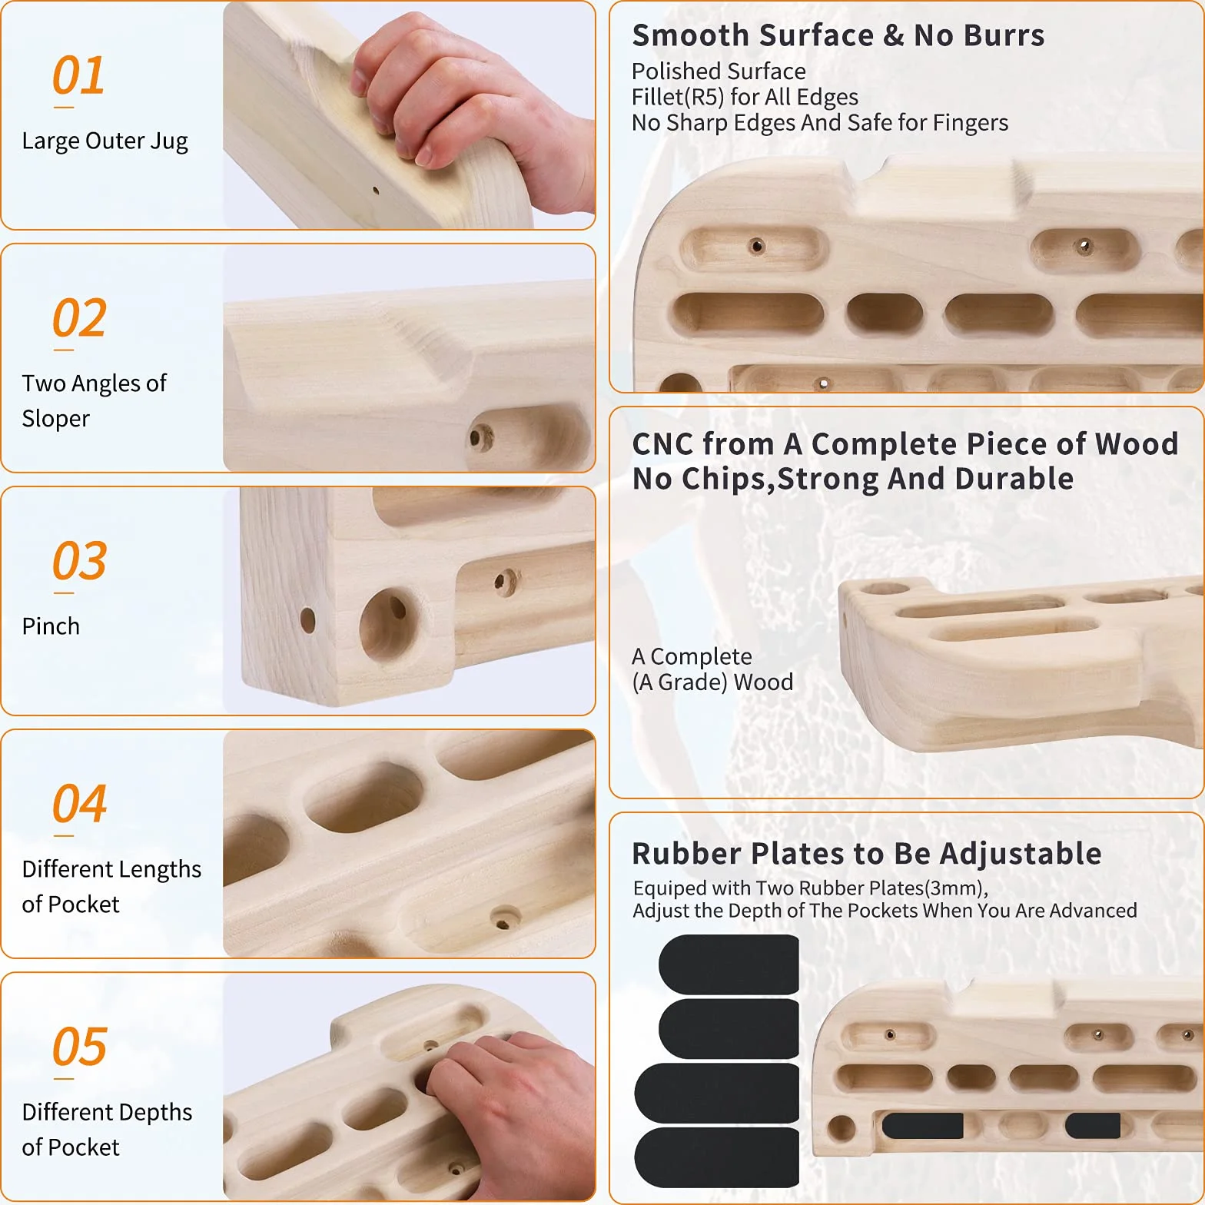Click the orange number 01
(78, 75)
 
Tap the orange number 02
(79, 318)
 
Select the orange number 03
(79, 561)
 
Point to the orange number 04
(79, 804)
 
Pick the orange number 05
(79, 1047)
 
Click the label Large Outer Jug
(105, 141)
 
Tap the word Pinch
(51, 626)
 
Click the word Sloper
(56, 420)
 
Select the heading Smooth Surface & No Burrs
(838, 35)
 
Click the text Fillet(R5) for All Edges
(745, 97)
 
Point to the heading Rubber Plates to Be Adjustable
(867, 854)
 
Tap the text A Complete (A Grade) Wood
(712, 669)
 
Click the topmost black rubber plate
(729, 964)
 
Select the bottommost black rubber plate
(717, 1157)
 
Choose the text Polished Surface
(719, 71)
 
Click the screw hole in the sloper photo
(481, 440)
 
